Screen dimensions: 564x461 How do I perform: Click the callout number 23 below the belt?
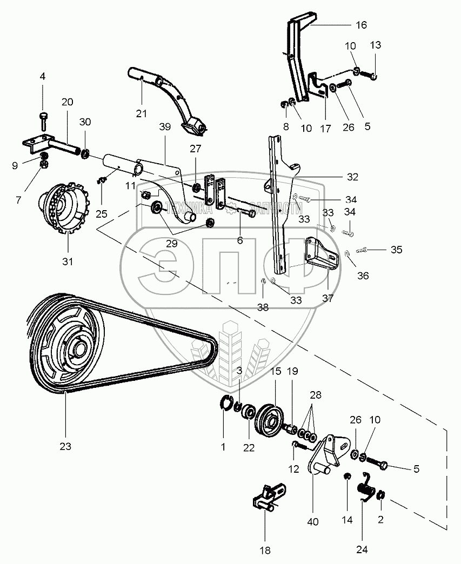click(65, 447)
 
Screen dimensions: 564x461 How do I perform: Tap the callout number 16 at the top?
click(361, 25)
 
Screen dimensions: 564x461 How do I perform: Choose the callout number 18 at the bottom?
click(265, 550)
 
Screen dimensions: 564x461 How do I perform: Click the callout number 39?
click(165, 126)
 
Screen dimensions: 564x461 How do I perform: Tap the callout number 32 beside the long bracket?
click(352, 177)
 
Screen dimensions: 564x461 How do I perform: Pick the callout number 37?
click(328, 298)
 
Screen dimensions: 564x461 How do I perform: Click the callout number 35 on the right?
click(397, 250)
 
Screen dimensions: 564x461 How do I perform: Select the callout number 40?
click(313, 522)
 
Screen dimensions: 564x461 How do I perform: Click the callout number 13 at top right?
click(376, 45)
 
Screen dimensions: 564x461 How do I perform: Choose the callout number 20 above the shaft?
click(67, 102)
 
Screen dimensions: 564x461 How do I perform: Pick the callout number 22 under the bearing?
click(249, 447)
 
